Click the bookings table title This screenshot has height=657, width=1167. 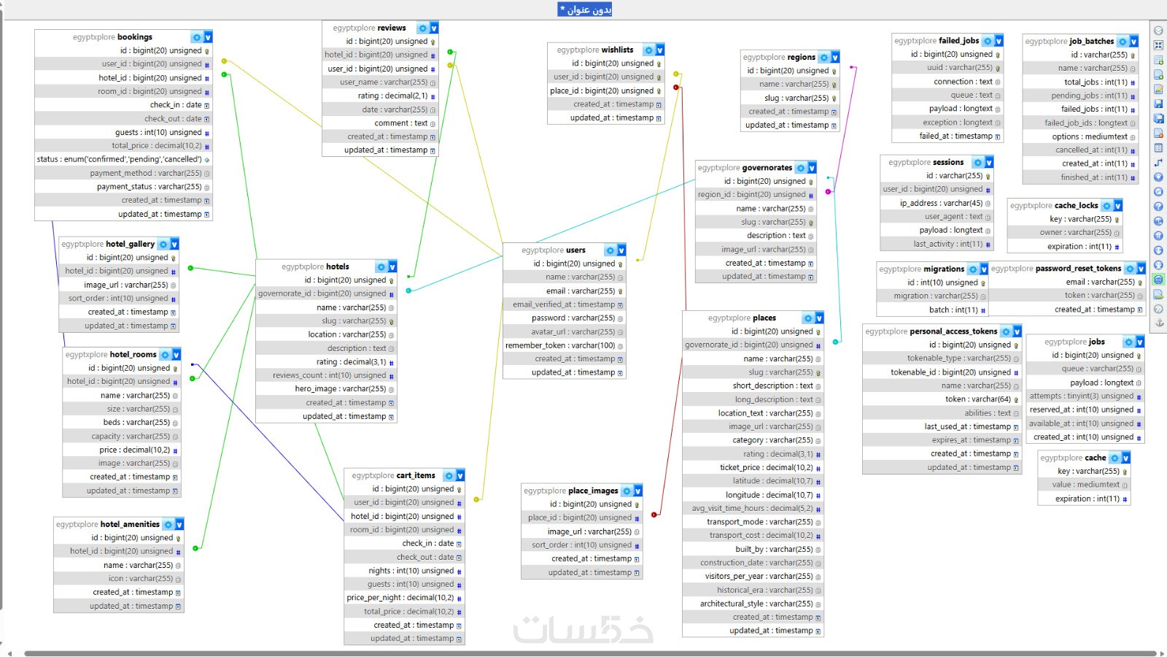(x=112, y=37)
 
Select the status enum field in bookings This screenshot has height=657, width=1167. (x=120, y=159)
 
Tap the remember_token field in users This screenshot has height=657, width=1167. (x=560, y=345)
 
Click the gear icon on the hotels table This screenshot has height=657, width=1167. (x=381, y=267)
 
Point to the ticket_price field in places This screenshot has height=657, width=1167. (x=767, y=467)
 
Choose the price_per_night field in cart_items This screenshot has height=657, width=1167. (x=400, y=598)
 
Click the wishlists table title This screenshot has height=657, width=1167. (x=595, y=50)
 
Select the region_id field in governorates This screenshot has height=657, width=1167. (x=752, y=194)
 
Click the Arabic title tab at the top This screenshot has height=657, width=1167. (x=584, y=9)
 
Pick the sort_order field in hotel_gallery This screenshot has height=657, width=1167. (x=118, y=299)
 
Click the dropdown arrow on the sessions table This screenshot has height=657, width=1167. (x=989, y=163)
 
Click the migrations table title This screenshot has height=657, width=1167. (x=922, y=269)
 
